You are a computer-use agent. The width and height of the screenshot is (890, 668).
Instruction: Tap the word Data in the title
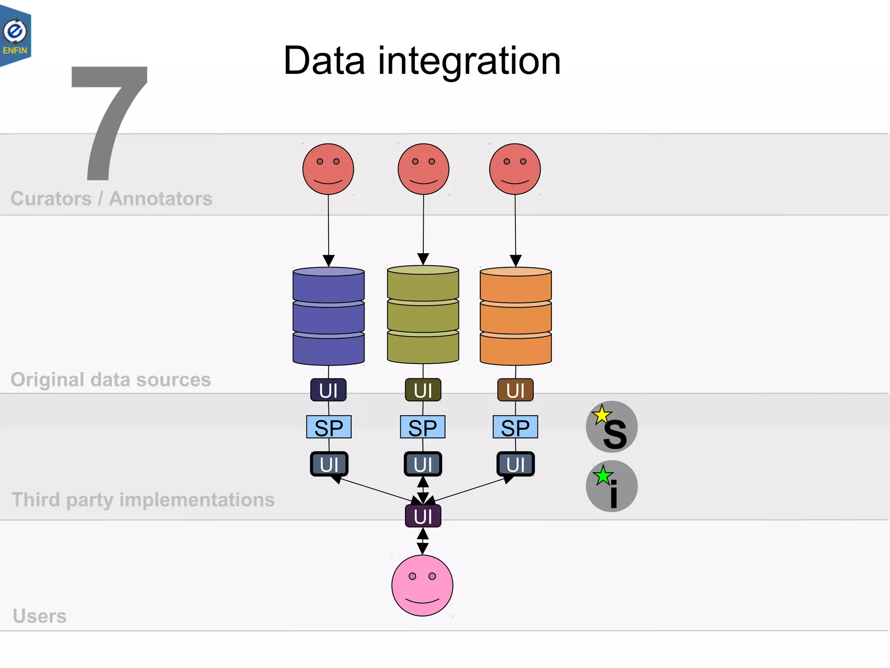click(324, 61)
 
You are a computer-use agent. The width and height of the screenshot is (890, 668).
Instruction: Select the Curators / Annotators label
click(111, 199)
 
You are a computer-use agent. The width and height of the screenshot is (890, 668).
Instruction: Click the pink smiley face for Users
click(422, 585)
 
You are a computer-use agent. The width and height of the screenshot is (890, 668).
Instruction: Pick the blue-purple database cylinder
click(329, 316)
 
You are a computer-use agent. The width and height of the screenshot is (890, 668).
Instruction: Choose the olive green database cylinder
click(423, 314)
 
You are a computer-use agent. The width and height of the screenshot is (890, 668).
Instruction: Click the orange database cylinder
click(515, 316)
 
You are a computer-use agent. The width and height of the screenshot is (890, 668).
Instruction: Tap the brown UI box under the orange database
click(515, 390)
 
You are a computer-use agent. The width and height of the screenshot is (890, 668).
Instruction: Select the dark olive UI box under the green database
click(423, 390)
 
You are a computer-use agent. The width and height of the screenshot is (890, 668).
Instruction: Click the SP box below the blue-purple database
click(329, 427)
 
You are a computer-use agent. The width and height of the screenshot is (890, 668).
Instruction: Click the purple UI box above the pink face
click(423, 516)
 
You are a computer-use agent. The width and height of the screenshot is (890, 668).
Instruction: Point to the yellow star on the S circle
click(602, 415)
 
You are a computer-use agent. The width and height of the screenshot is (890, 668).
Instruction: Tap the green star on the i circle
click(603, 476)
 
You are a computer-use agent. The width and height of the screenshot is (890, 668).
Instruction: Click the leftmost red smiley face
click(328, 169)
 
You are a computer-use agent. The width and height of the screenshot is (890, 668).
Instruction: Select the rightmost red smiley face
click(515, 169)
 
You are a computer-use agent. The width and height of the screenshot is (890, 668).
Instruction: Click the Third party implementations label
click(143, 500)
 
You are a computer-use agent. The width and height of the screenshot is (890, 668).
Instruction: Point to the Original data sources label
click(111, 380)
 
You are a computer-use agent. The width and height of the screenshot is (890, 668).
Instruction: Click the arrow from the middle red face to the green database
click(423, 226)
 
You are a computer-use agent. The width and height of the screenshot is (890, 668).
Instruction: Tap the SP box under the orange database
click(515, 427)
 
